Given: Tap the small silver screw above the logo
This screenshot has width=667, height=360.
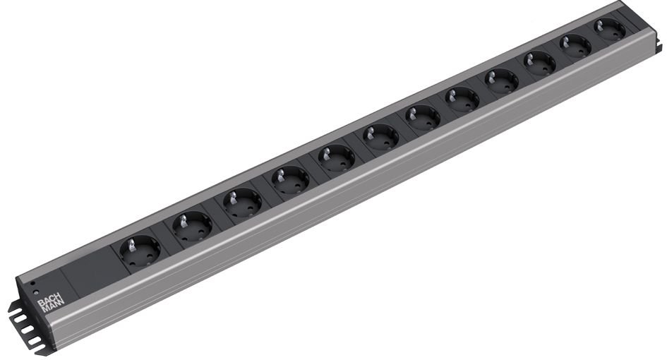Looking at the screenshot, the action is click(36, 293).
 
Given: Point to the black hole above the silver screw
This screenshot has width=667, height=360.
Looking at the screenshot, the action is click(32, 283).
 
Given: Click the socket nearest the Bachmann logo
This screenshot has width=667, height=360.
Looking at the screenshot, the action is click(140, 251).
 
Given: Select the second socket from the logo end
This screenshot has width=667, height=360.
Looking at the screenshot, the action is click(192, 226).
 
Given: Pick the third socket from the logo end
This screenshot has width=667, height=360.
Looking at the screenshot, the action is click(242, 203).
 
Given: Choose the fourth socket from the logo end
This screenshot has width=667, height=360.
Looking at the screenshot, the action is click(290, 180).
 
